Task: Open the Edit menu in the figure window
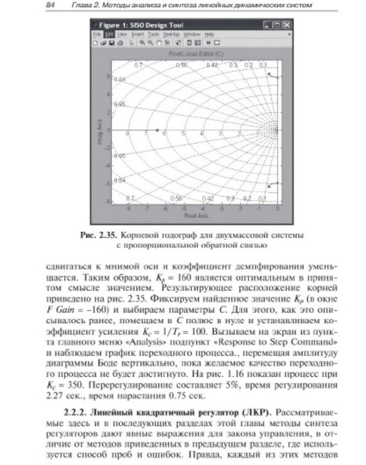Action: click(x=106, y=34)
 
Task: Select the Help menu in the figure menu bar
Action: click(x=209, y=34)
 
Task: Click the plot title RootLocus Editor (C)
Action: click(x=196, y=54)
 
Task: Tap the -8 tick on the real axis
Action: click(x=127, y=209)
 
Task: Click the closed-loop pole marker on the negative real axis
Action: click(x=157, y=130)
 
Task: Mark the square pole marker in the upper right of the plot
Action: click(x=269, y=74)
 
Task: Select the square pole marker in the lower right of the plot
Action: click(x=269, y=186)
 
